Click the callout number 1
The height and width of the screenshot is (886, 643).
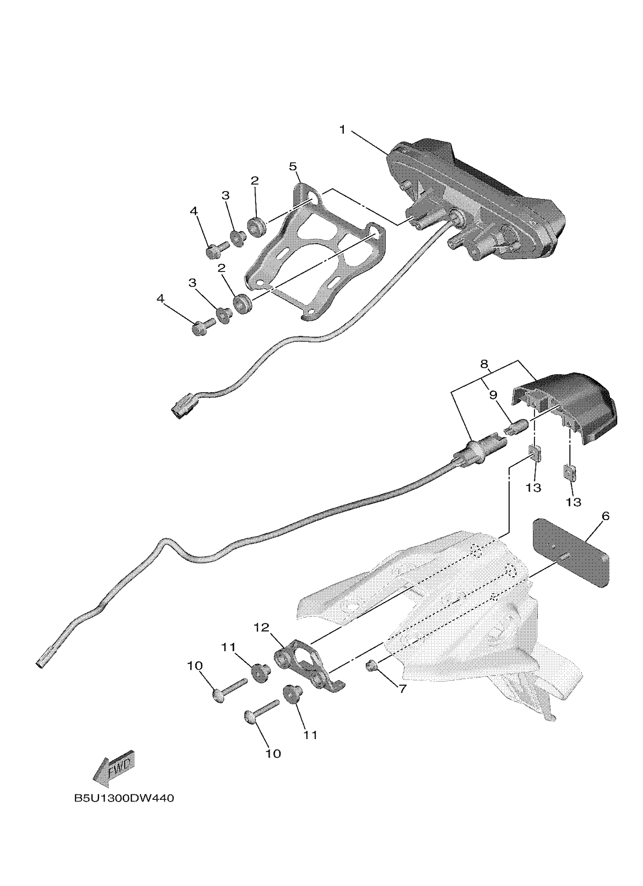tap(343, 130)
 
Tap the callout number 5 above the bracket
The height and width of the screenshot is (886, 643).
tap(293, 167)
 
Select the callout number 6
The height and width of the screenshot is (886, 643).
tap(605, 516)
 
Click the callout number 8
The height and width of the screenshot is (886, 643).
tap(484, 365)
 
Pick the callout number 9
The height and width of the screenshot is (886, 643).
tap(493, 395)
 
